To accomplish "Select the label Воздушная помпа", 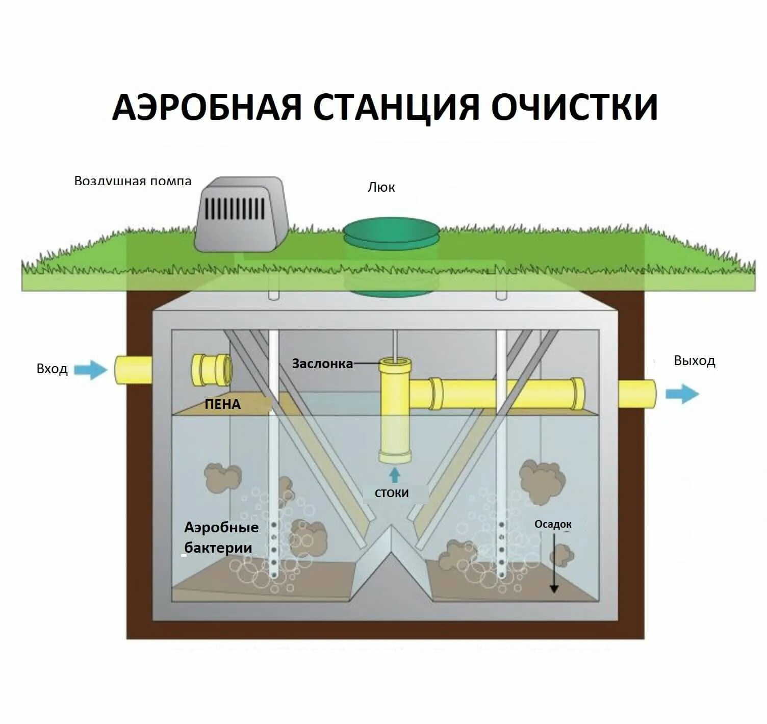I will coord(133,181).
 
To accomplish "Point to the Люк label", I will coord(381,188).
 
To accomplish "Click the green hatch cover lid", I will coord(392,230).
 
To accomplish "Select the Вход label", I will coord(52,369).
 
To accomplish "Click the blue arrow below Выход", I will coord(682,394).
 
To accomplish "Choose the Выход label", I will coord(694,361).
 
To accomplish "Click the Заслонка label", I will coord(322,364).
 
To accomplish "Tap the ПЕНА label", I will coord(222,404).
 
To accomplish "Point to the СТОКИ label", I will coord(392,493).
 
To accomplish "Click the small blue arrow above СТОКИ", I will coord(394,475).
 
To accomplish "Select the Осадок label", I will coord(553,524).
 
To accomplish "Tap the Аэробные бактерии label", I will coord(221,537).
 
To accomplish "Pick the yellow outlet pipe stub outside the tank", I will coord(637,394).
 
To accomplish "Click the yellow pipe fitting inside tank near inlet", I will coord(212,370).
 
